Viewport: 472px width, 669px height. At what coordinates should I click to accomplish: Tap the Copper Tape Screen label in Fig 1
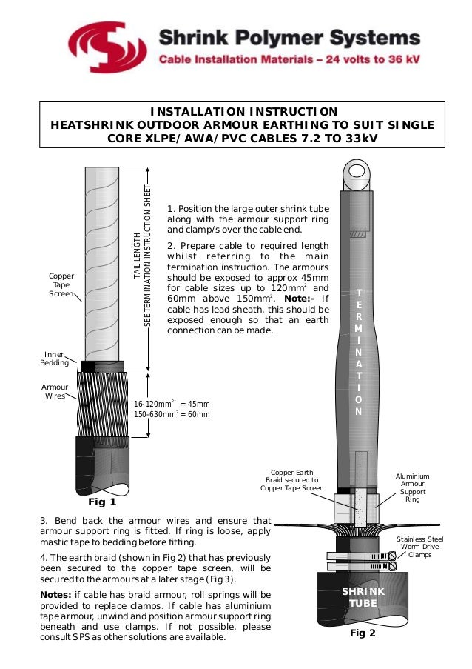click(x=61, y=285)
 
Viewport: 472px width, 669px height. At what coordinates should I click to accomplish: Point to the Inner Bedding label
click(x=55, y=359)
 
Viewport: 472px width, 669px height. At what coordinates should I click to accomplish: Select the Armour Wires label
click(x=55, y=391)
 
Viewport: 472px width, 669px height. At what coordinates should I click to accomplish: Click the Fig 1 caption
click(x=102, y=502)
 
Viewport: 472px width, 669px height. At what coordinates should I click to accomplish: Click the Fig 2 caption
click(x=363, y=634)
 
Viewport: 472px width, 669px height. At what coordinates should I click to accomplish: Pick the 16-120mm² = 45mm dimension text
click(x=172, y=404)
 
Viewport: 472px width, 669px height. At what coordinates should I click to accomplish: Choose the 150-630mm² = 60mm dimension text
click(x=172, y=414)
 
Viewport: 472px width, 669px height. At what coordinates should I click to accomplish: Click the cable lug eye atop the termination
click(x=358, y=176)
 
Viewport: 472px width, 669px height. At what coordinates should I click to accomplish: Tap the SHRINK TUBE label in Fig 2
click(x=363, y=597)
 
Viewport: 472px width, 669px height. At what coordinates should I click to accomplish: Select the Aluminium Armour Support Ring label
click(x=412, y=487)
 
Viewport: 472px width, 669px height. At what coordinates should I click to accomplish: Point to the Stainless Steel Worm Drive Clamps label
click(x=419, y=547)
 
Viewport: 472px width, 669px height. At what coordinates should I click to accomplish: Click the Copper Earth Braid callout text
click(x=291, y=480)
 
